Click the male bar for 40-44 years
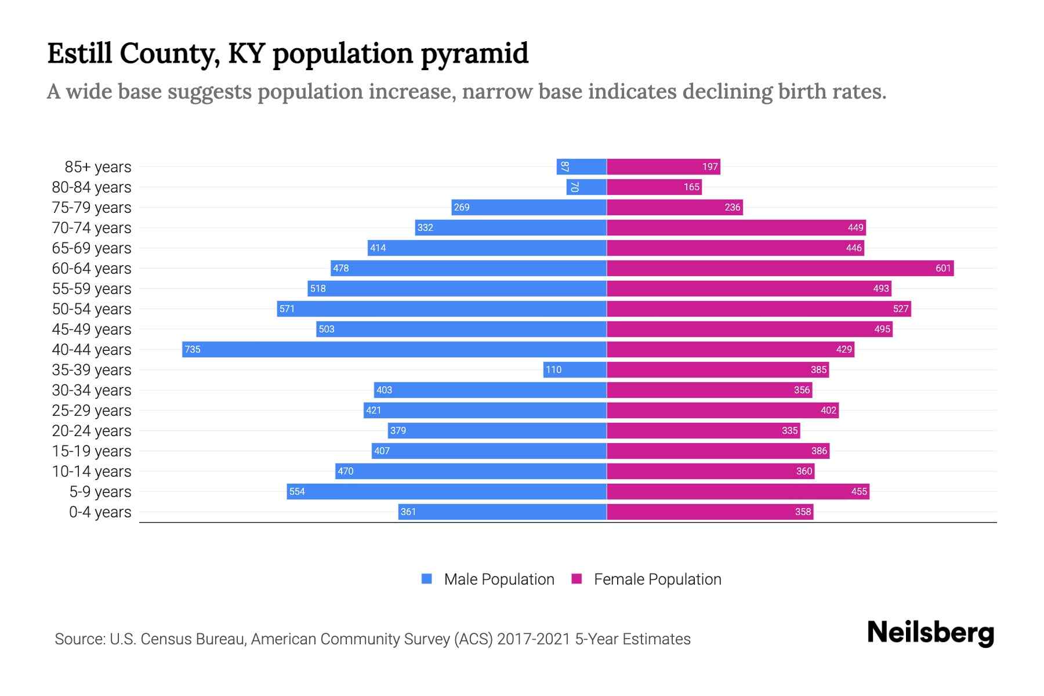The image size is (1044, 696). click(x=394, y=349)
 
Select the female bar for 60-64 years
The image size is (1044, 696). click(x=780, y=268)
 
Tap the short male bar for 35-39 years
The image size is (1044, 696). click(x=575, y=369)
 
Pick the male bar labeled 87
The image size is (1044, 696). click(x=582, y=166)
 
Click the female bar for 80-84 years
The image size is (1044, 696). click(x=654, y=187)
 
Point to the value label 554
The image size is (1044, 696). click(x=297, y=491)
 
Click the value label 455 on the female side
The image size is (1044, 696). click(x=859, y=491)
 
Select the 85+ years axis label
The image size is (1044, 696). click(x=98, y=167)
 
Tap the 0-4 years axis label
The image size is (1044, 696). click(x=100, y=512)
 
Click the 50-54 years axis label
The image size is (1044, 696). click(x=92, y=309)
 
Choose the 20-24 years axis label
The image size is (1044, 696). click(x=92, y=431)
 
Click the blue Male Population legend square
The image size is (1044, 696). click(x=427, y=579)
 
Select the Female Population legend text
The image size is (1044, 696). click(x=657, y=579)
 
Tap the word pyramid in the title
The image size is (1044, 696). click(x=474, y=54)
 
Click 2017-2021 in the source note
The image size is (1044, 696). click(x=534, y=639)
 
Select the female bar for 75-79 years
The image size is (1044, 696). click(x=675, y=207)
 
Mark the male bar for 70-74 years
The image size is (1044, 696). click(x=510, y=227)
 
